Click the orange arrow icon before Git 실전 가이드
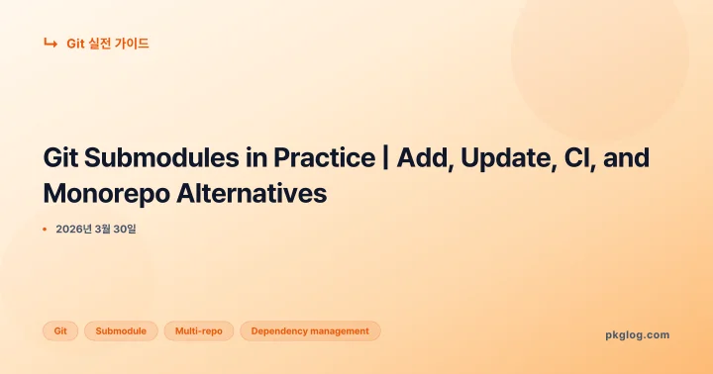[x=50, y=43]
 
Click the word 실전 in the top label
[x=101, y=44]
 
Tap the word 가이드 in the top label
[x=134, y=44]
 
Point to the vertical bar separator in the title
[x=383, y=160]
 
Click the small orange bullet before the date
[x=45, y=230]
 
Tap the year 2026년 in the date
[x=74, y=230]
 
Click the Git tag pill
[x=60, y=331]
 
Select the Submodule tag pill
[x=121, y=331]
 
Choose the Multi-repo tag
[x=198, y=331]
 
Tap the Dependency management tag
[x=310, y=331]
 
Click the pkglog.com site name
[x=637, y=334]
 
